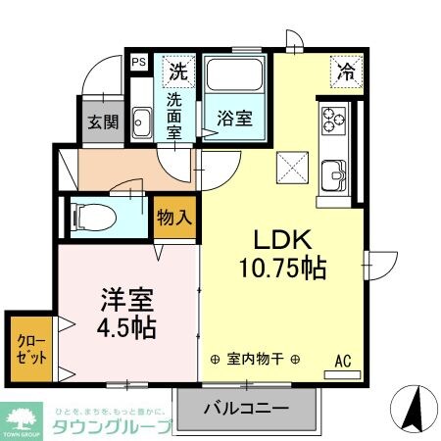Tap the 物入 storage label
tap(174, 217)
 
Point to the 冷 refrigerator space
tap(344, 72)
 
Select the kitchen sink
tap(335, 176)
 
